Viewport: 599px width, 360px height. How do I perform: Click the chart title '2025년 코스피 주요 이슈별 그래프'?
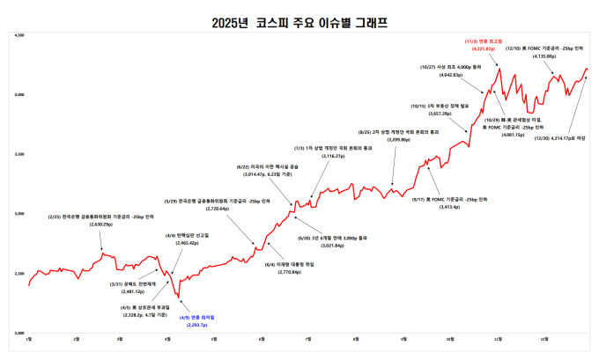click(x=299, y=20)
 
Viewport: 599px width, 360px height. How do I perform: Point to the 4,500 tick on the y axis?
click(x=18, y=36)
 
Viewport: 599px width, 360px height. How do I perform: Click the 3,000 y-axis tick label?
click(x=18, y=214)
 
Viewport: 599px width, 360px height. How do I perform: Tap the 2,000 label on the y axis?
click(x=18, y=334)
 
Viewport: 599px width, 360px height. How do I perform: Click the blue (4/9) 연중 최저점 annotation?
click(x=196, y=318)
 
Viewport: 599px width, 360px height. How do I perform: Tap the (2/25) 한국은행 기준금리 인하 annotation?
click(x=101, y=217)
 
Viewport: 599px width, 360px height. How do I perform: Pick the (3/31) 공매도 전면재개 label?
click(x=121, y=283)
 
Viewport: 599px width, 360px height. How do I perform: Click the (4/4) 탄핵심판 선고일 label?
click(x=181, y=235)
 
